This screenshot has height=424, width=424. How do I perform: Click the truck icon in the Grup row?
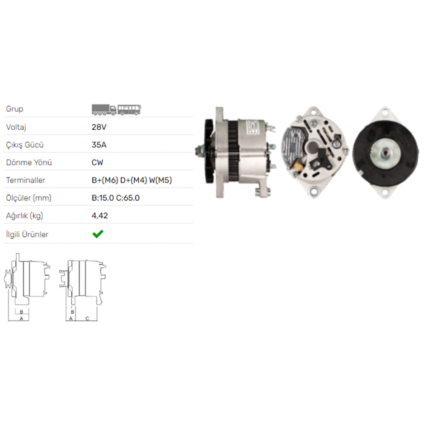[x=104, y=109]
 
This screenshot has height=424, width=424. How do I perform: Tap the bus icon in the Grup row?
[x=129, y=110]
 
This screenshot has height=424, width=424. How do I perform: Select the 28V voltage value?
[x=99, y=127]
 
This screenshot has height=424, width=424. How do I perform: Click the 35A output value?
[x=99, y=145]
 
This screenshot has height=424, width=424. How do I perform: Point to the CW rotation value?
[x=98, y=162]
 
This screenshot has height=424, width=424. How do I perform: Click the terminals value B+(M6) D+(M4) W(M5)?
[x=132, y=180]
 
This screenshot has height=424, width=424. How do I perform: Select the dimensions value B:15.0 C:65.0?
[x=115, y=198]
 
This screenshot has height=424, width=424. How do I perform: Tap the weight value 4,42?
[x=100, y=216]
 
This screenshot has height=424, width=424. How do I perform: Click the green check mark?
[x=98, y=234]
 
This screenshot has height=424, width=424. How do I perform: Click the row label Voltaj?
[x=16, y=127]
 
